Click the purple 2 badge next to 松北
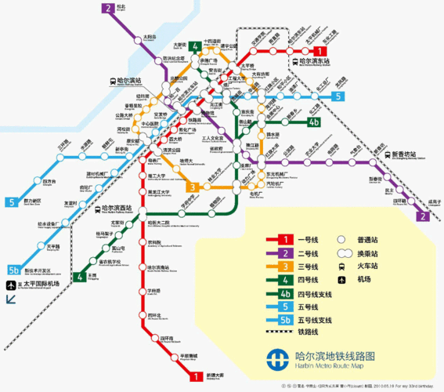pos(107,9)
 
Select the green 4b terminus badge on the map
pos(314,122)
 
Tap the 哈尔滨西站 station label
pos(117,209)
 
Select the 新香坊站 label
pos(406,154)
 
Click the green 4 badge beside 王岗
pos(79,276)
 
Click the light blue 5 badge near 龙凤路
pos(338,96)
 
